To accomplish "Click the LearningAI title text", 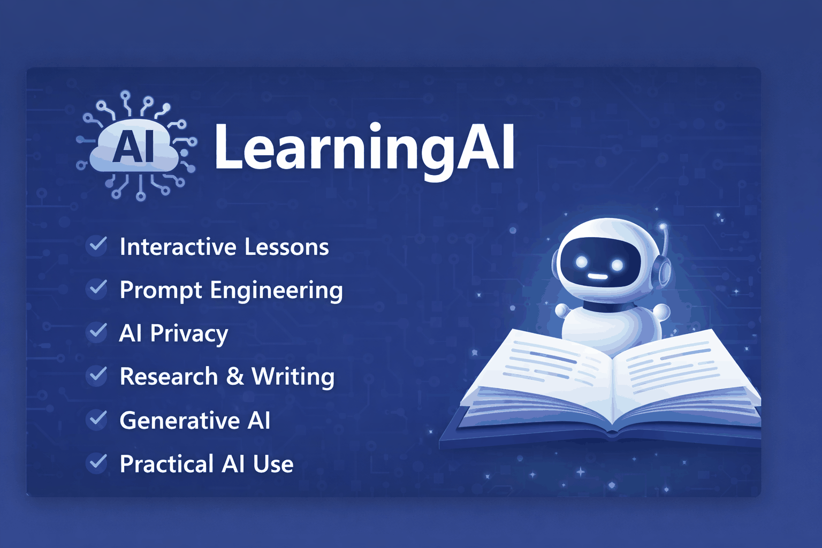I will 364,148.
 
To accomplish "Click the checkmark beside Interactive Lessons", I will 97,246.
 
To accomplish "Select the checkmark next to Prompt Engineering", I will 97,289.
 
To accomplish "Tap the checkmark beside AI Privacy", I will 97,332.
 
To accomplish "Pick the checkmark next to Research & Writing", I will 97,376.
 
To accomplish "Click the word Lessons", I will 287,247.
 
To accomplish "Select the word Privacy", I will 189,334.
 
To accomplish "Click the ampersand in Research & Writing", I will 235,376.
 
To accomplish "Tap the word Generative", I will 179,421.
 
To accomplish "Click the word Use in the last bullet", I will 273,464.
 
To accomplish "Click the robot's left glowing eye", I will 582,262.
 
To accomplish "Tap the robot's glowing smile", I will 598,277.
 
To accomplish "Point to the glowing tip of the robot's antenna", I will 663,226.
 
